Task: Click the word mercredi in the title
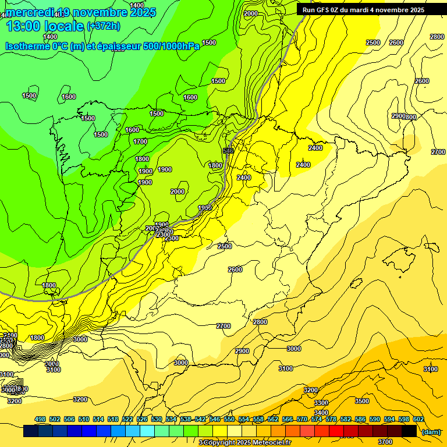point(30,12)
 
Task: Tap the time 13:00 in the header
point(23,26)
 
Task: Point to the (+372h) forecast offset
point(103,26)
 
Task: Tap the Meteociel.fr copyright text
point(244,442)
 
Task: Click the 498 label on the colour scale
point(40,419)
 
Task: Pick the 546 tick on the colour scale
point(215,419)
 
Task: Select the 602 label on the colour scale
point(418,419)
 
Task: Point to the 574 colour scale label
point(317,419)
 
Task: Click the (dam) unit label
point(431,431)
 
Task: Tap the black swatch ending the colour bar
point(409,431)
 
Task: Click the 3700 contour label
point(385,425)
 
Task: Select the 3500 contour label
point(362,401)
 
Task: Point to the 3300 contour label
point(321,403)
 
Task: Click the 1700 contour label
point(140,141)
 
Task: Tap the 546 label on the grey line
point(228,151)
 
